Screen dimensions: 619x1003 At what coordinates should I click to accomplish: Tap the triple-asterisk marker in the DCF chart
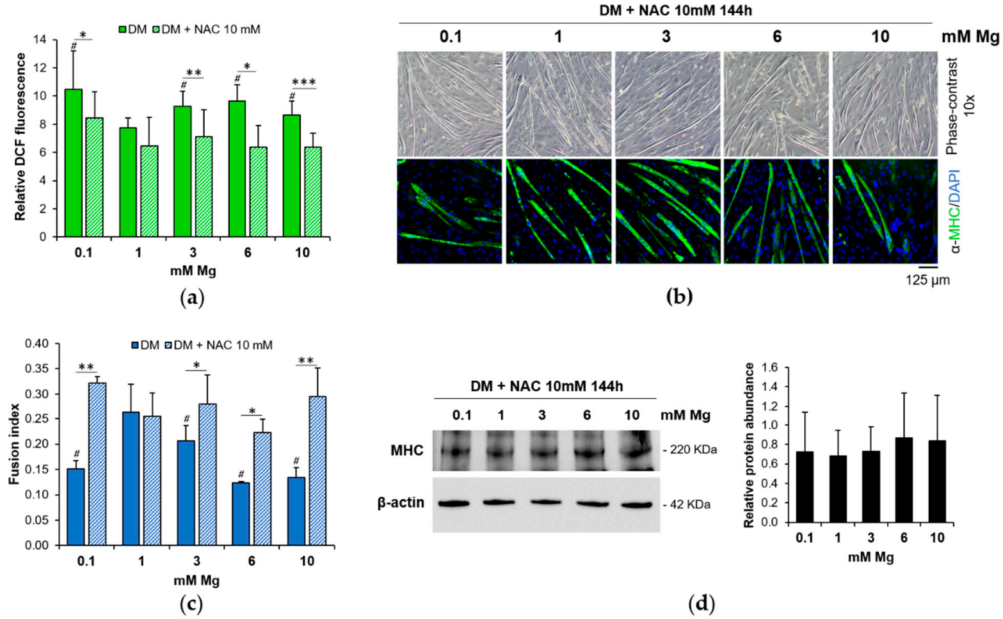tap(303, 83)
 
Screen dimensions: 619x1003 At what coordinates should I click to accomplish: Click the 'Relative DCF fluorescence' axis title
tap(20, 137)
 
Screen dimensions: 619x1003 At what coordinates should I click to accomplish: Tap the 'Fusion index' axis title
tap(14, 444)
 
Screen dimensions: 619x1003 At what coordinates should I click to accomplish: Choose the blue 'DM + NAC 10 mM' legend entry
tap(218, 345)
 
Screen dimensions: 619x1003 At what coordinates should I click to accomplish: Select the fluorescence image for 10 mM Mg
tap(885, 212)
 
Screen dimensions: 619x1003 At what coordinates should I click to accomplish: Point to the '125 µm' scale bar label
tap(927, 280)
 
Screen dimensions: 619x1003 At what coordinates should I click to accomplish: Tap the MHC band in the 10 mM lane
tap(632, 451)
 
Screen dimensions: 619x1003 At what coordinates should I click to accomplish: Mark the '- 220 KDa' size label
tap(690, 449)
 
